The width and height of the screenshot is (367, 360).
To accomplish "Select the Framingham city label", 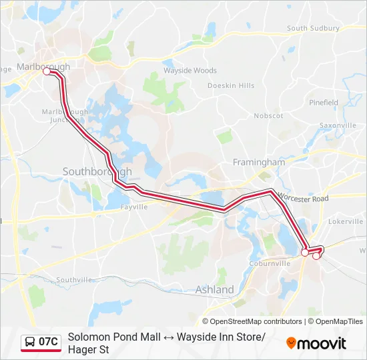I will click(x=258, y=162).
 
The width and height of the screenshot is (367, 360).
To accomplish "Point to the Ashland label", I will click(x=214, y=289).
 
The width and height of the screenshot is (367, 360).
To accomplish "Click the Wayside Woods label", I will click(x=190, y=71).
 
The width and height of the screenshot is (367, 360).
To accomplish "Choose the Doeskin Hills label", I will click(x=231, y=86).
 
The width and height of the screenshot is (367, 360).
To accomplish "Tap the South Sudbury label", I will click(x=316, y=29).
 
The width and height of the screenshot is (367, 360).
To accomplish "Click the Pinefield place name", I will click(x=323, y=103).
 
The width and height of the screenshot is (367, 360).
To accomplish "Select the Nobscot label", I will click(x=268, y=115).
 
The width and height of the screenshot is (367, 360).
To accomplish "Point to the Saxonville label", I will click(x=338, y=125).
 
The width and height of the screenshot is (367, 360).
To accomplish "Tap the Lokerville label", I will click(x=346, y=220).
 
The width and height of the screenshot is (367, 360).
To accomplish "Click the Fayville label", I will click(x=133, y=207).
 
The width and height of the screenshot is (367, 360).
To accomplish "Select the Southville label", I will click(x=75, y=280).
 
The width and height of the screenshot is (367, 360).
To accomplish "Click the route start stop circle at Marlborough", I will click(x=47, y=72).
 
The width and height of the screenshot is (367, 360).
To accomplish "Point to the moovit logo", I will click(x=316, y=343).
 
